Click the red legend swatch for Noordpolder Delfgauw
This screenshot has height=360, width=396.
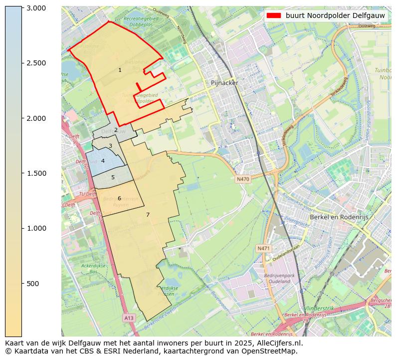tap(274, 15)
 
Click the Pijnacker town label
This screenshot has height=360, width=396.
tap(224, 83)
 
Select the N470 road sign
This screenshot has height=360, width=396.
tap(243, 179)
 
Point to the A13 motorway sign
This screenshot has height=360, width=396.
tap(129, 318)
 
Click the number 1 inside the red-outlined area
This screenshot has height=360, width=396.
tap(120, 70)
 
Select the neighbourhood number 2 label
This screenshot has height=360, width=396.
tap(116, 130)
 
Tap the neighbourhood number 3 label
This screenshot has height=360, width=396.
tap(110, 146)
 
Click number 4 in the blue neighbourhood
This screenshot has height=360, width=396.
tap(103, 161)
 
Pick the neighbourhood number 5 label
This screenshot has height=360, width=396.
tap(113, 177)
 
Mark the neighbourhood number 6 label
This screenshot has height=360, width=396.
tap(119, 198)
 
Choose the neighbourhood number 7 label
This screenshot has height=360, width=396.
tap(148, 215)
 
